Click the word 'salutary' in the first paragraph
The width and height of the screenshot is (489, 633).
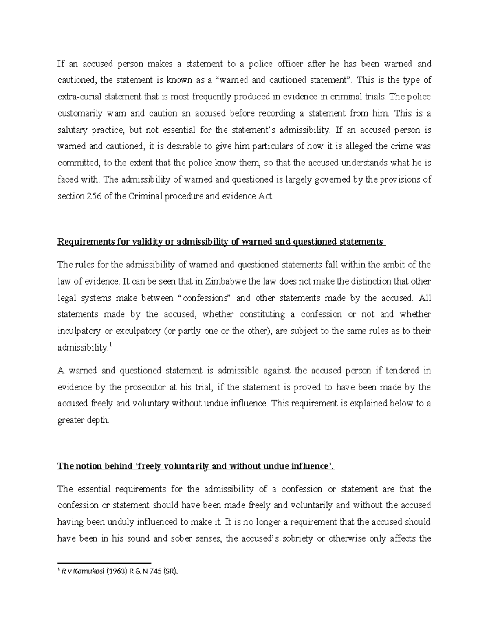tap(72, 130)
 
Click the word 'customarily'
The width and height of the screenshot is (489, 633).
tap(80, 113)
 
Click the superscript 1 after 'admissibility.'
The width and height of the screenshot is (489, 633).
tap(111, 345)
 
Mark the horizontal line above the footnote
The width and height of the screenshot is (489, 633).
tap(104, 562)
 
